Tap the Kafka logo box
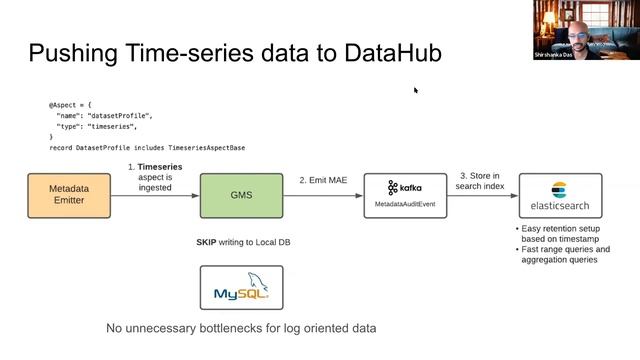[404, 194]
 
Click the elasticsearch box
[561, 194]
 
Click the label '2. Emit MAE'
[321, 180]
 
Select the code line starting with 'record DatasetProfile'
[146, 147]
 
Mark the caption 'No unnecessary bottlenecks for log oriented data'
[241, 328]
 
